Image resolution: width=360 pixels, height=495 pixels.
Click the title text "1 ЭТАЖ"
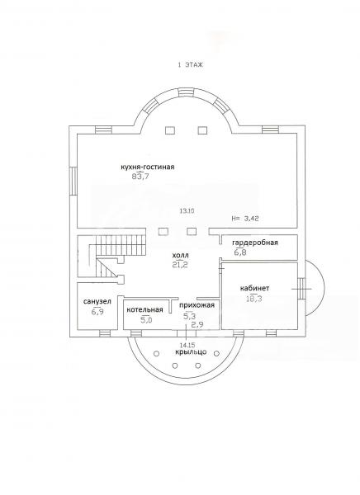pos(190,65)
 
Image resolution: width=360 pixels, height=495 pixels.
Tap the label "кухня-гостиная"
pos(148,167)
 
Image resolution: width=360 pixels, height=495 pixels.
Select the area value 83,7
pos(140,177)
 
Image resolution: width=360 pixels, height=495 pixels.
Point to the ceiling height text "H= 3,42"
pos(245,218)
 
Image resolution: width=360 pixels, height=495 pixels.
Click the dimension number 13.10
pos(187,211)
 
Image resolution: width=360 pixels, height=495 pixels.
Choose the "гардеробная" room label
pos(255,243)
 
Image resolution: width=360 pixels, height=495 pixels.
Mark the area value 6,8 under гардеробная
pos(240,252)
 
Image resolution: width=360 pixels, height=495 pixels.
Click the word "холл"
pos(181,255)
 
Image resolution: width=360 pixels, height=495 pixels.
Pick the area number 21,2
pos(180,265)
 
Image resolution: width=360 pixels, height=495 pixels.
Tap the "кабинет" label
pos(255,288)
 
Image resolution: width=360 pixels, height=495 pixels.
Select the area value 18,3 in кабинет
pos(253,299)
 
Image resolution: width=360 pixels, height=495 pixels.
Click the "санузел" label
pos(97,301)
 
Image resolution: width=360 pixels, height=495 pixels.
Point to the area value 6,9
pos(97,312)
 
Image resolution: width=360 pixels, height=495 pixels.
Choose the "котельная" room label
pos(144,309)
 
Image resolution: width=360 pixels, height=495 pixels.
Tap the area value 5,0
pos(146,320)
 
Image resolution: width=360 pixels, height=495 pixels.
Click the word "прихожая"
pos(197,305)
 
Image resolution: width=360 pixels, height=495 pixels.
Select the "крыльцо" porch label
pos(191,351)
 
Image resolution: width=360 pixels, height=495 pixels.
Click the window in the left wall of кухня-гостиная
pos(73,181)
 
